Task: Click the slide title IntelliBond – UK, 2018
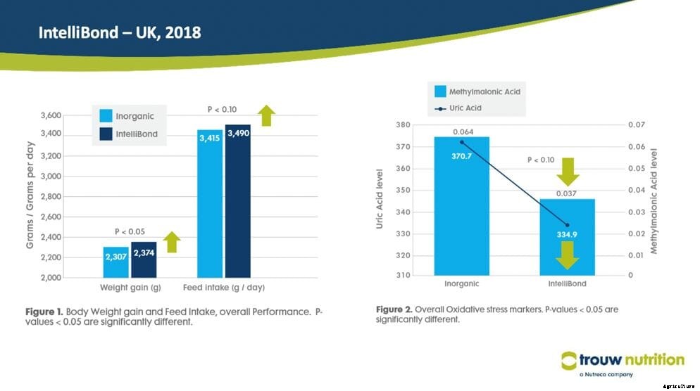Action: [x=119, y=32]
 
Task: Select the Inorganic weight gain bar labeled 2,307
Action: [x=115, y=262]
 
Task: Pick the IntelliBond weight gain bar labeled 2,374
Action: [x=144, y=259]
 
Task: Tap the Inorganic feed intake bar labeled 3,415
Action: [x=210, y=204]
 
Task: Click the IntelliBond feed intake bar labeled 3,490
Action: [x=238, y=201]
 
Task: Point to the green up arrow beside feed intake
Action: [x=266, y=115]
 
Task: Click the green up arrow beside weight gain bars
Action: [x=172, y=242]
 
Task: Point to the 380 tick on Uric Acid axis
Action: [x=403, y=125]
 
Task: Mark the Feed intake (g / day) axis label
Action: [x=224, y=288]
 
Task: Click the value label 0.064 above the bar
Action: [x=462, y=132]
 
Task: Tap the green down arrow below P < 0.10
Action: [x=567, y=171]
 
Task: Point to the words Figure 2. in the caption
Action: [x=394, y=309]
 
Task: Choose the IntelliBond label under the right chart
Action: [x=567, y=285]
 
